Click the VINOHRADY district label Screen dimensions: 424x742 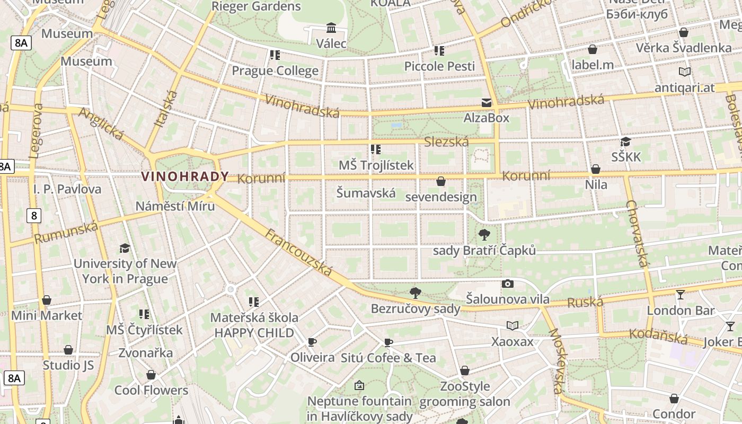pos(185,176)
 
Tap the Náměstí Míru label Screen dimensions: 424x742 pos(175,206)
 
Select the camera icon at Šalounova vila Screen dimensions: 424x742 pos(508,284)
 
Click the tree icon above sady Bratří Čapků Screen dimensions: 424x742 pos(484,234)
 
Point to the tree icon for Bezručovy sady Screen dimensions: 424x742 pos(416,293)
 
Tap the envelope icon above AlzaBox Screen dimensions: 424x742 pos(486,102)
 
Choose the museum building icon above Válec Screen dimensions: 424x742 pos(331,28)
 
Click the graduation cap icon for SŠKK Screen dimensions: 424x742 pos(625,142)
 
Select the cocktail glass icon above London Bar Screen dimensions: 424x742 pos(681,294)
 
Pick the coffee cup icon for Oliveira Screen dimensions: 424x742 pos(312,342)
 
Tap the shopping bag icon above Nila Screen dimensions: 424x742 pos(596,169)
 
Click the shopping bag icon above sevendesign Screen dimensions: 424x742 pos(440,181)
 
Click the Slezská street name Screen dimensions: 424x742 pos(446,142)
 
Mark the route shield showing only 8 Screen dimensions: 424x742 pos(34,215)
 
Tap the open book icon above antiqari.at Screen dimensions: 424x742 pos(684,72)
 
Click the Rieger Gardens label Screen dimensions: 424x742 pos(256,6)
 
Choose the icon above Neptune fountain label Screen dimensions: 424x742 pos(359,385)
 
